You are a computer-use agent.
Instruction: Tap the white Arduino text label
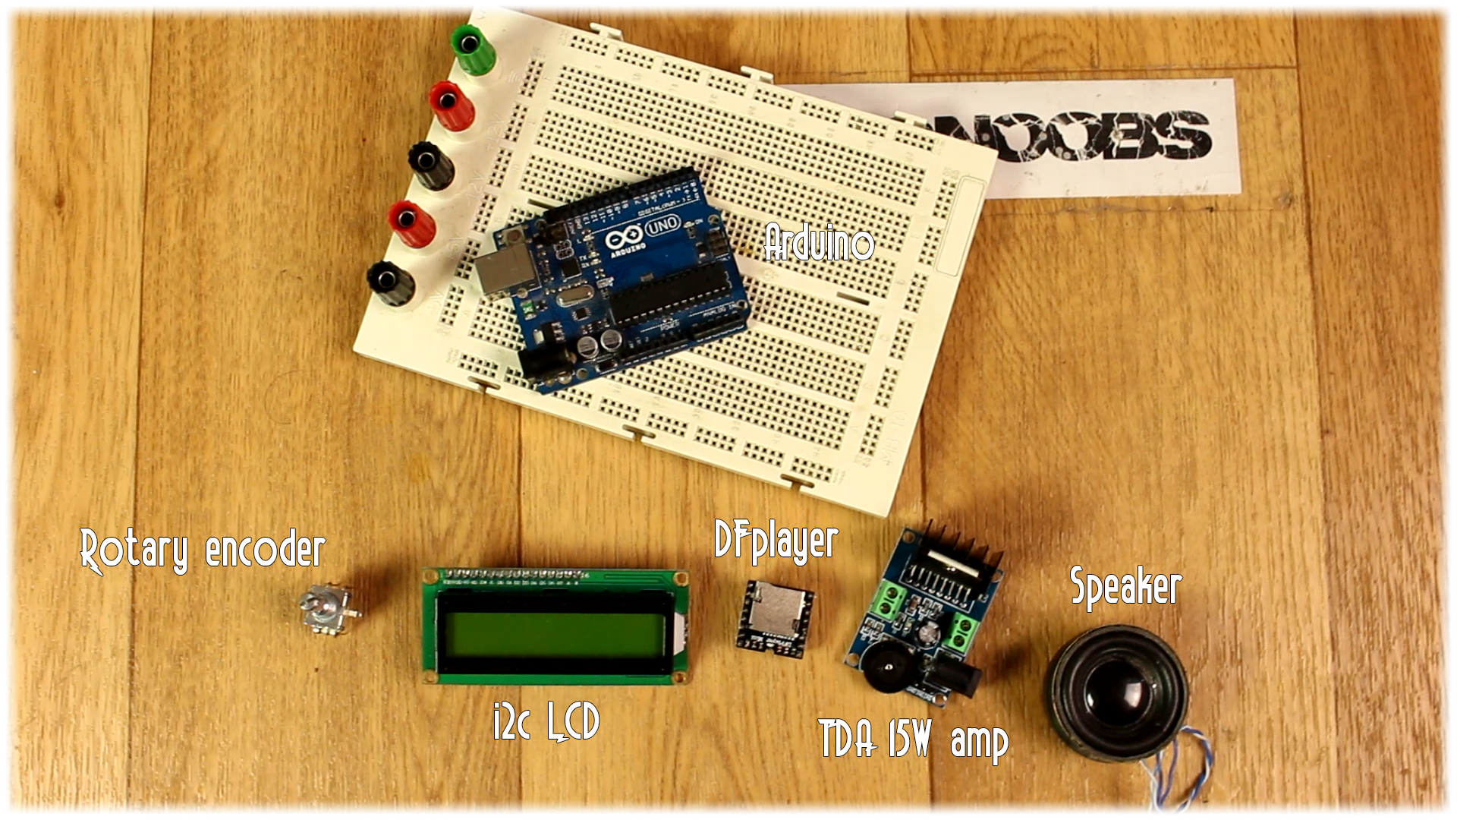818,243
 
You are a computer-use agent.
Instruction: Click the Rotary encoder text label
203,550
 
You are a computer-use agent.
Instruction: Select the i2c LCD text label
546,721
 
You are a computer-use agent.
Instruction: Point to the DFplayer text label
776,541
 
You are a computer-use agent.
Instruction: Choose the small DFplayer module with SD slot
775,615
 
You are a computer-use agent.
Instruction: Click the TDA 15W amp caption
913,738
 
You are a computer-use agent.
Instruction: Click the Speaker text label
1125,586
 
